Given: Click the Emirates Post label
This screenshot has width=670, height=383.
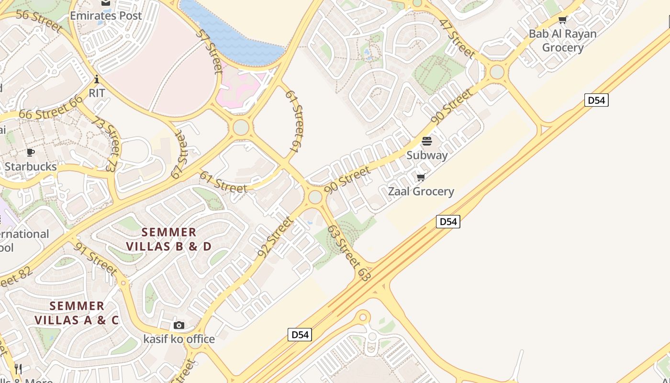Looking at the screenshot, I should tap(106, 16).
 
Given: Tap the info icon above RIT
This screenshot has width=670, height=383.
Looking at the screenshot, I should tap(97, 79).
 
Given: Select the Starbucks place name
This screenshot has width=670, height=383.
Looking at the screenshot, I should tap(31, 167).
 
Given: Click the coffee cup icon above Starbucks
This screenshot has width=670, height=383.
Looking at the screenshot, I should tap(31, 153).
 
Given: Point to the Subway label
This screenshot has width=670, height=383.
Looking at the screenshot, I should tap(427, 155).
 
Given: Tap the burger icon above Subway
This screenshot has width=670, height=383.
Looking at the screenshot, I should tap(427, 141).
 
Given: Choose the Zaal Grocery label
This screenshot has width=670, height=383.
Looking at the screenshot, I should tap(421, 191).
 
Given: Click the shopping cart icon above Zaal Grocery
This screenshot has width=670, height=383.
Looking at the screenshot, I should tap(421, 178).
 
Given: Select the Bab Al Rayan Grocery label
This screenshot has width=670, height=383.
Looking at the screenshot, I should tap(562, 41).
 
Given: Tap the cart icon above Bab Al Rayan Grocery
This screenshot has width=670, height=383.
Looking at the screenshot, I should tap(563, 20).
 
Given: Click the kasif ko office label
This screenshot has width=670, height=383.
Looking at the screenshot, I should tap(179, 339).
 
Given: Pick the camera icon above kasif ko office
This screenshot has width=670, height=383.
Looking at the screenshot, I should tap(179, 326).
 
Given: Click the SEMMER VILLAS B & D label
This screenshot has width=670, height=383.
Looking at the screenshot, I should tap(168, 239).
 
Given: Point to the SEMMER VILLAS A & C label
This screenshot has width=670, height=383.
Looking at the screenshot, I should tap(77, 313).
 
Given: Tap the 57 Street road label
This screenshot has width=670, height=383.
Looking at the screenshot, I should tap(210, 52).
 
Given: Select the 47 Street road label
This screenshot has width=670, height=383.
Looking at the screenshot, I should tap(457, 38).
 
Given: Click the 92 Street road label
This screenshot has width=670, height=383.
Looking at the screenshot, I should tap(275, 237).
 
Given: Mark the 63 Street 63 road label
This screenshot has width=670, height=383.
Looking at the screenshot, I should tap(349, 253).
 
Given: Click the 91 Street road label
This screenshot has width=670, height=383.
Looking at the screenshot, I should tap(96, 259).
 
